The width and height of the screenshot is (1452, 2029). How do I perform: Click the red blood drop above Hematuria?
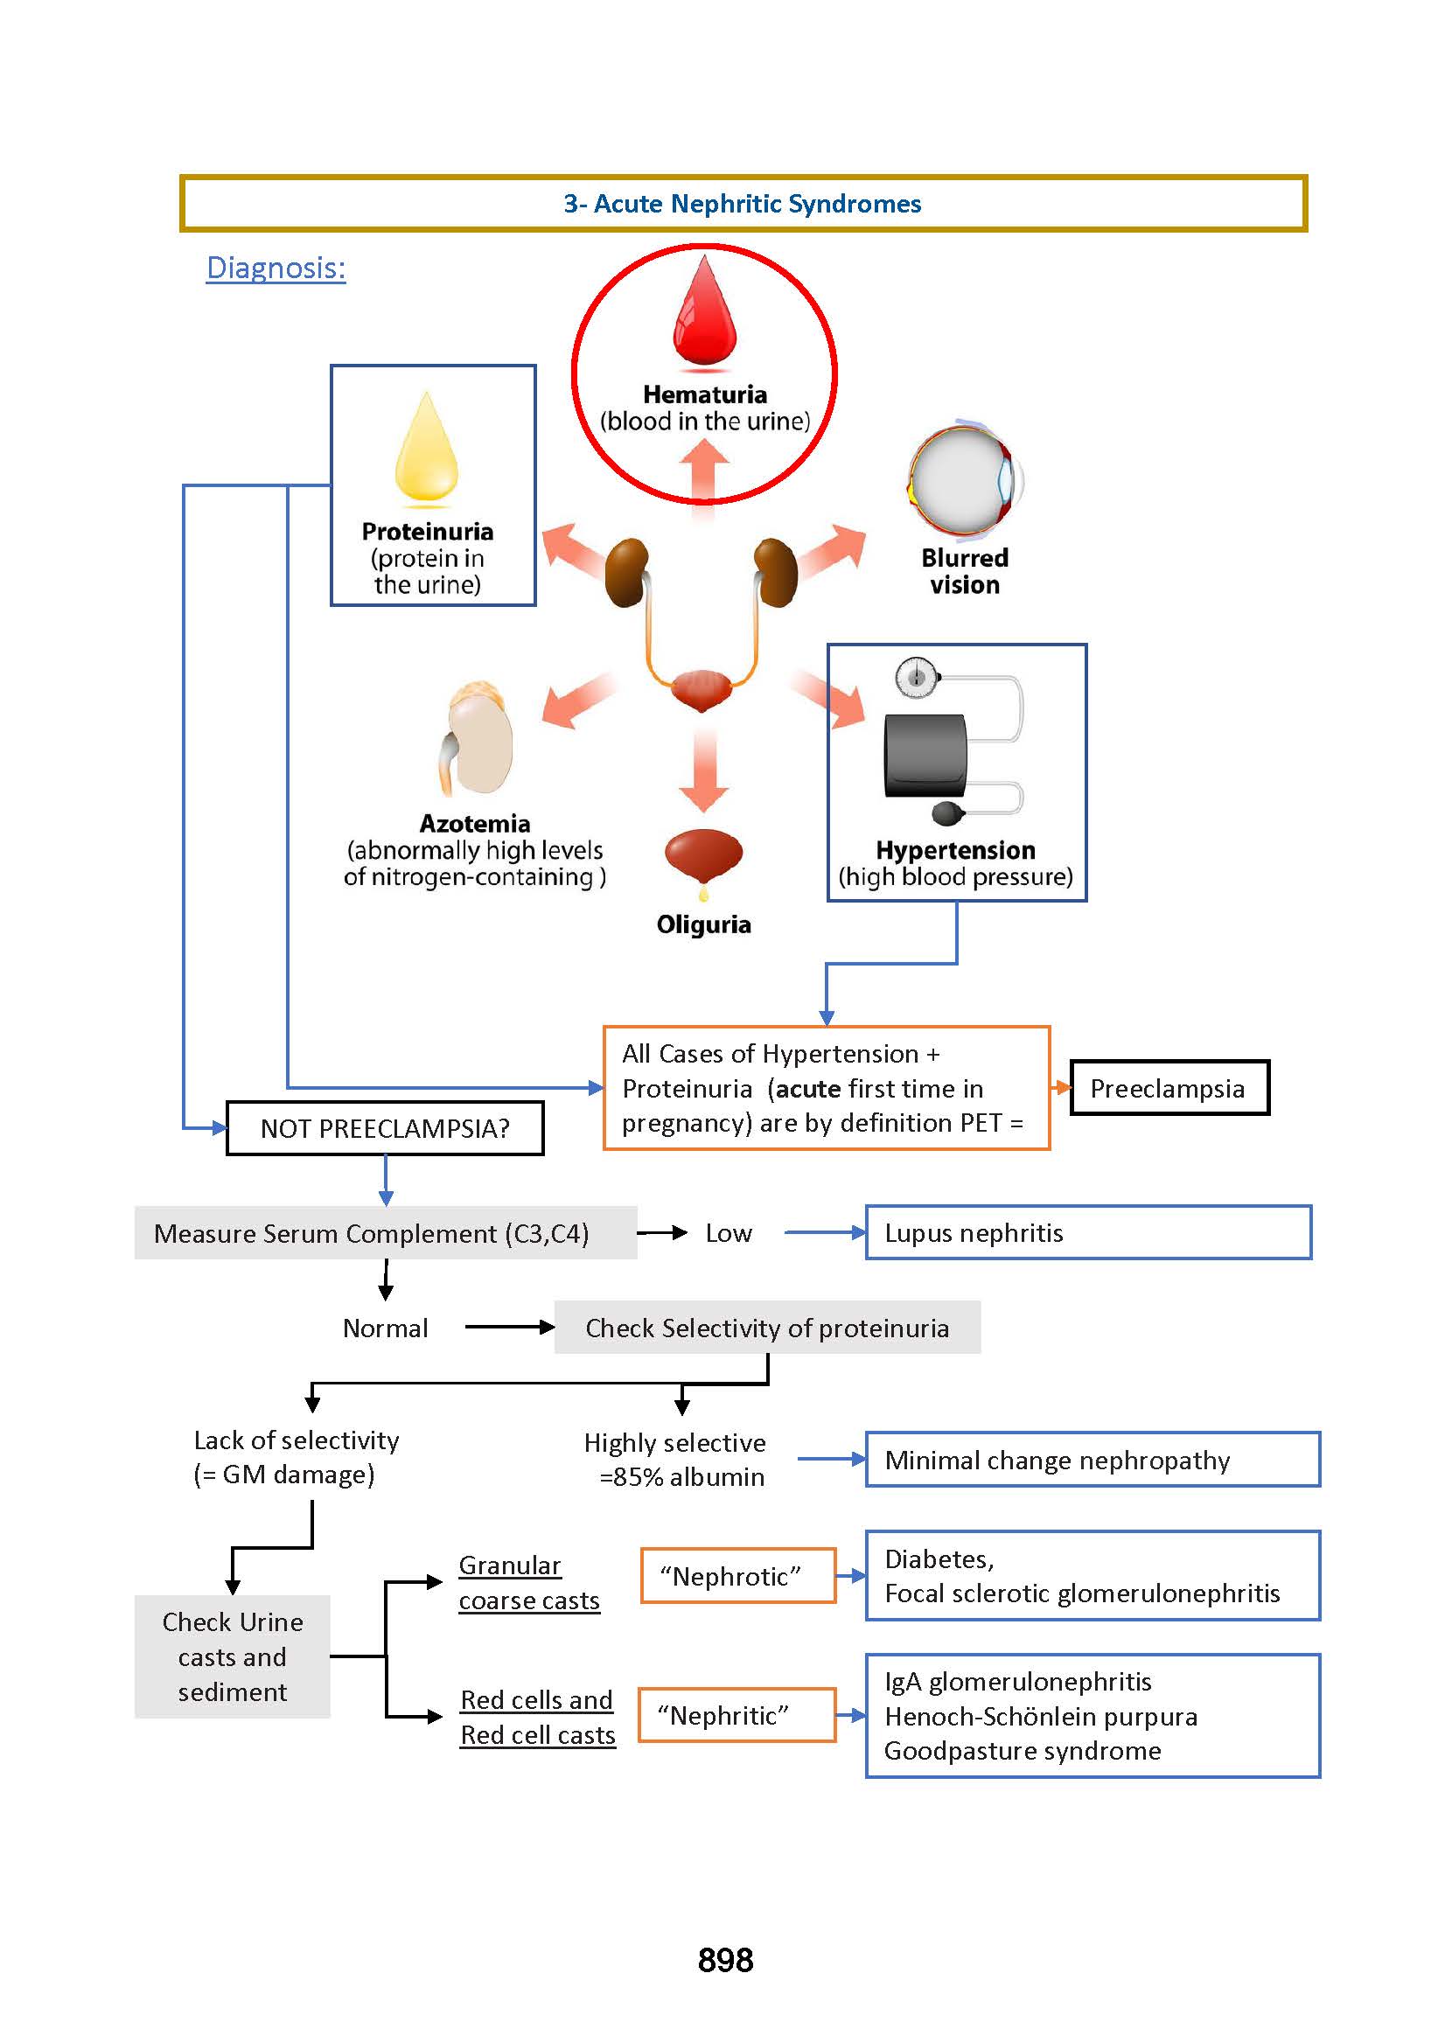click(x=704, y=313)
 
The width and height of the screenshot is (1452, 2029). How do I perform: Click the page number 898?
click(x=725, y=1959)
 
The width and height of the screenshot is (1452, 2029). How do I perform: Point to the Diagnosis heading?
click(x=276, y=268)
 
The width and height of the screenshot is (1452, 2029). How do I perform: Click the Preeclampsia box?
click(x=1169, y=1088)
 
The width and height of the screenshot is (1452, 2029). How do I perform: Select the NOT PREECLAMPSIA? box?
click(x=385, y=1128)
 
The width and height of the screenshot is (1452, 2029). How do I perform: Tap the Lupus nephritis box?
click(x=1087, y=1232)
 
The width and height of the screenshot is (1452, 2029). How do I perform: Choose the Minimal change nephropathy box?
click(x=1092, y=1460)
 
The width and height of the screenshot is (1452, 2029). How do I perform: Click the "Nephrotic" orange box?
click(x=737, y=1576)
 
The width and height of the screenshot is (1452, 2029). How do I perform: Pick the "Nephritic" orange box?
click(x=736, y=1714)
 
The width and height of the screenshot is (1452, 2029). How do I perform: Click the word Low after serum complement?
click(x=728, y=1233)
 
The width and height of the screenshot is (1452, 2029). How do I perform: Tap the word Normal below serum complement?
click(x=385, y=1328)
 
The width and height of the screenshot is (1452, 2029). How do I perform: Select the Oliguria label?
click(x=703, y=924)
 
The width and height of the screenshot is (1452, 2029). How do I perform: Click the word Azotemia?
click(x=475, y=823)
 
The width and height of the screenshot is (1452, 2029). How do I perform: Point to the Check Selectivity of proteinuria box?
click(x=766, y=1328)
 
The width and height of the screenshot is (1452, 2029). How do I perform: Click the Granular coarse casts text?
click(x=528, y=1583)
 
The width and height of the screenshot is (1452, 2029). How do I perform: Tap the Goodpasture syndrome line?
click(x=1022, y=1750)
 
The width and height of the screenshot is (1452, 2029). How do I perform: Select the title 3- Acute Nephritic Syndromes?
click(x=742, y=204)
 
